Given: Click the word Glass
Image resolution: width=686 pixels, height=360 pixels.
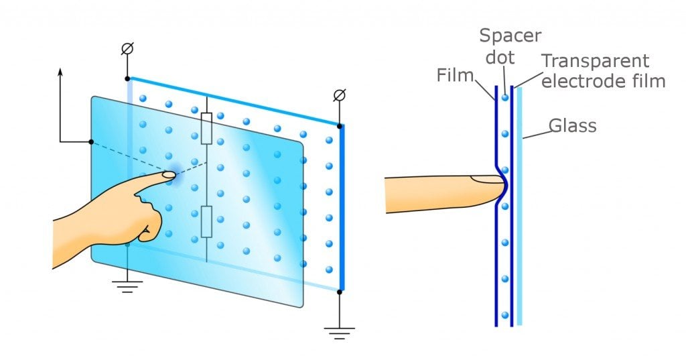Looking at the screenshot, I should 572,125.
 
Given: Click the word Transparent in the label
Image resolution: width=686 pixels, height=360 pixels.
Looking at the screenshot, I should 596,61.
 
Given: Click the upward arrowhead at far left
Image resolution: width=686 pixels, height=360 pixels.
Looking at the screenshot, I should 60,71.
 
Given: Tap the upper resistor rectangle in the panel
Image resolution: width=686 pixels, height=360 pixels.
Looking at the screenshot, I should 207,128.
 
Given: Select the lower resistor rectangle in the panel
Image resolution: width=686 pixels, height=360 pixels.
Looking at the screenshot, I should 207,222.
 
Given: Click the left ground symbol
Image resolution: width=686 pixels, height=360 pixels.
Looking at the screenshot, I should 127,286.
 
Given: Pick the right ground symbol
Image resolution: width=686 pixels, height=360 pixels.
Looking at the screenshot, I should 340,331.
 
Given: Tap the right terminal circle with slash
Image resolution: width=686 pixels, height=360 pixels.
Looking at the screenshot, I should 340,96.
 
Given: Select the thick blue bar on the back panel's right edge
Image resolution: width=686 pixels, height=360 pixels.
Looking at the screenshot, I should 340,208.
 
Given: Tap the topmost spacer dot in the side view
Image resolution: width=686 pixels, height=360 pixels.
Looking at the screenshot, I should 504,98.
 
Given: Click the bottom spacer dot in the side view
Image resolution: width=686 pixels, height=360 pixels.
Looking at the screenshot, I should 504,314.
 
